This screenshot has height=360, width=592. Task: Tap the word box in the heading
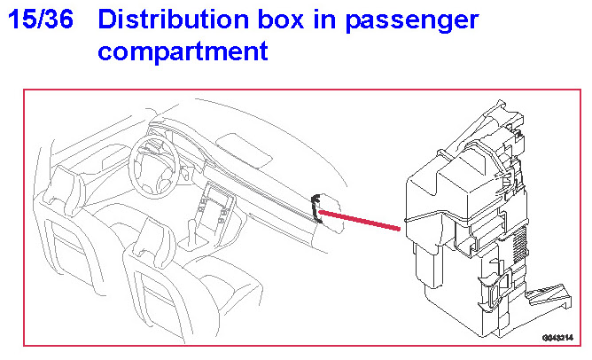point(286,20)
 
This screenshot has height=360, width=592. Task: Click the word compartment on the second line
point(183,51)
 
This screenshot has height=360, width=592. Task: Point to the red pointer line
point(359,221)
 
